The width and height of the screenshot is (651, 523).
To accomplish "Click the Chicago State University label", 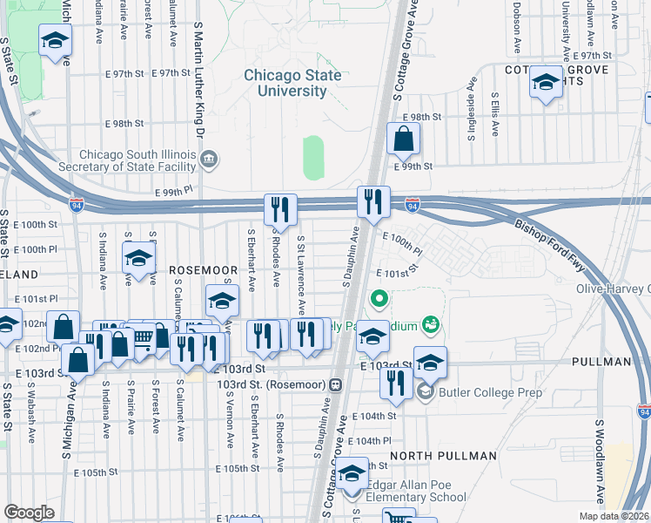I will point(292,83).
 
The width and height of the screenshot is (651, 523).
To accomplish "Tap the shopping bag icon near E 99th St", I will point(403,138).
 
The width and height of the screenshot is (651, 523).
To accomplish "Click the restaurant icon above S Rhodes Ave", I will point(280,209).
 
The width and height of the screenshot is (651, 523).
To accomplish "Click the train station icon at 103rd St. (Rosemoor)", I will point(334,384).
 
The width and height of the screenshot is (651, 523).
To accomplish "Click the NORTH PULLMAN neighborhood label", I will point(434,456).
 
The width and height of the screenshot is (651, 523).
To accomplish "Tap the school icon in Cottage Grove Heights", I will point(546,83).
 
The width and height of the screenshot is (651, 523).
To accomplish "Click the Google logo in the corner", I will point(29,513).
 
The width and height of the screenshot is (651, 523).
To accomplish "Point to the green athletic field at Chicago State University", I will point(313,158).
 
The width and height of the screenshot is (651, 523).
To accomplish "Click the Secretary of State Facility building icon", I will point(209,159).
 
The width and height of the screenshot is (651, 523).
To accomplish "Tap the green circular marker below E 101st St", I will point(379,302).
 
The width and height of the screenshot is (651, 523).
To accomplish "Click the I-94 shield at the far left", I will point(77,205).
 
